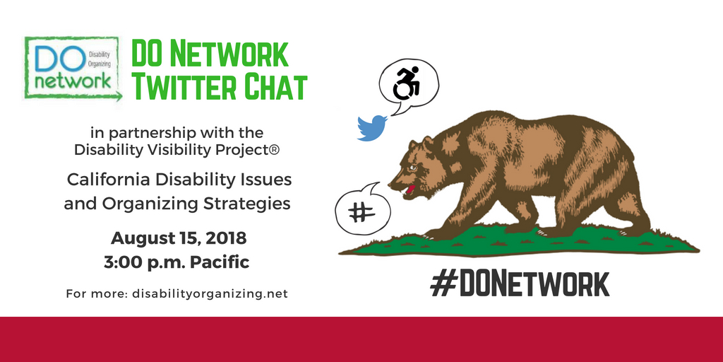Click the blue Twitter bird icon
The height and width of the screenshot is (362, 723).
pos(372,127)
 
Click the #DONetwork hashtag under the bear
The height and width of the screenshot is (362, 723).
pos(520,284)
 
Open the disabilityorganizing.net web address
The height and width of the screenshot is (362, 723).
pos(210,293)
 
